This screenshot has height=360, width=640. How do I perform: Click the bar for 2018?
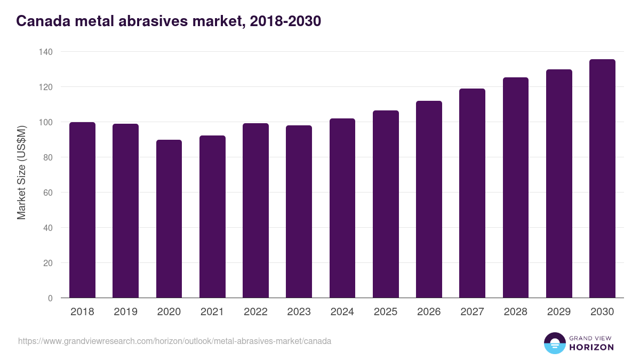pyautogui.click(x=82, y=210)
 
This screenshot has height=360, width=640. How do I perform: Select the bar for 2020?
pyautogui.click(x=169, y=219)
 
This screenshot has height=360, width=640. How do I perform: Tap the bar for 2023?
pyautogui.click(x=299, y=212)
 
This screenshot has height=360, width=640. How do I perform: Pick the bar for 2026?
pyautogui.click(x=429, y=199)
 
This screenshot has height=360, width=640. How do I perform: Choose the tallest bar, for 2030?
pyautogui.click(x=602, y=179)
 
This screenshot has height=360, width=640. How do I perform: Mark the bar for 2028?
pyautogui.click(x=516, y=188)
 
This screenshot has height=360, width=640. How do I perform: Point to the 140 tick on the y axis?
pyautogui.click(x=46, y=52)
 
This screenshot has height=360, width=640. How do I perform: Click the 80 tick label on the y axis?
pyautogui.click(x=48, y=157)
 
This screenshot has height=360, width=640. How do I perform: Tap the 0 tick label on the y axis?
pyautogui.click(x=50, y=298)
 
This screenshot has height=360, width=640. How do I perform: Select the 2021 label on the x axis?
pyautogui.click(x=212, y=312)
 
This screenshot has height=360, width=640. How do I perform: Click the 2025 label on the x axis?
pyautogui.click(x=386, y=312)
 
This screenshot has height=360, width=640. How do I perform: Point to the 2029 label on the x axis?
pyautogui.click(x=559, y=312)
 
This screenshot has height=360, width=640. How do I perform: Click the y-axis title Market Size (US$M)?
pyautogui.click(x=21, y=172)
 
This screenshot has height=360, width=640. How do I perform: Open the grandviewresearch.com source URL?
pyautogui.click(x=174, y=341)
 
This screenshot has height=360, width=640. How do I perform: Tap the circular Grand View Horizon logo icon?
pyautogui.click(x=554, y=343)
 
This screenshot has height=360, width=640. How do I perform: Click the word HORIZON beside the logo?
pyautogui.click(x=591, y=347)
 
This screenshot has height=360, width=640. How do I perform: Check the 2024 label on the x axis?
pyautogui.click(x=342, y=312)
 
